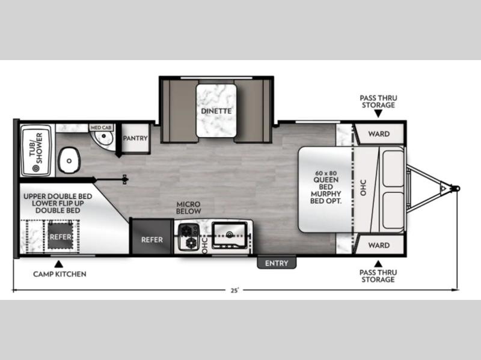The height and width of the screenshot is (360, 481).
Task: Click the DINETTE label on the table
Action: (216, 111)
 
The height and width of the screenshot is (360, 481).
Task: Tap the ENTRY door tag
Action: (277, 263)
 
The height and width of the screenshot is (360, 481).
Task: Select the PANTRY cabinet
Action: (135, 138)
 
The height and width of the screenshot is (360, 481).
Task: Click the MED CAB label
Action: (101, 127)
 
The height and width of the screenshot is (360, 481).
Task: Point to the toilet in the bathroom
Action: (69, 160)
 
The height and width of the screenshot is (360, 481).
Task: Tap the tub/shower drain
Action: (36, 168)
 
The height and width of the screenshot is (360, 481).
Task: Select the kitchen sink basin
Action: (230, 235)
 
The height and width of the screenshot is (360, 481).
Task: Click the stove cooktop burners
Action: (188, 237)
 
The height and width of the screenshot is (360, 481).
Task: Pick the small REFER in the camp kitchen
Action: (61, 236)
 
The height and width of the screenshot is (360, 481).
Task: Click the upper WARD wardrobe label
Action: (379, 134)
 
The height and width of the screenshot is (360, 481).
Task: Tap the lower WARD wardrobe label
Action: (379, 245)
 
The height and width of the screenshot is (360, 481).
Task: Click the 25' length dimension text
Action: (234, 290)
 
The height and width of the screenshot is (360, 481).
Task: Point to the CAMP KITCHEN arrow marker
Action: (58, 264)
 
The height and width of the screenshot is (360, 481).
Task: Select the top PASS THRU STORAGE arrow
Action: (378, 114)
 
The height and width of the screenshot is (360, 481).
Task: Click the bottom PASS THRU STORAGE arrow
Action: (378, 264)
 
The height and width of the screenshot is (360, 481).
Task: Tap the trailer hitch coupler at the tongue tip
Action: (456, 188)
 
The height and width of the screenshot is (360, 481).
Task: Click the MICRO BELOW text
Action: (188, 207)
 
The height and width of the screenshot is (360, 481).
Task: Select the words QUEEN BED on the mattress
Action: (326, 183)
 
